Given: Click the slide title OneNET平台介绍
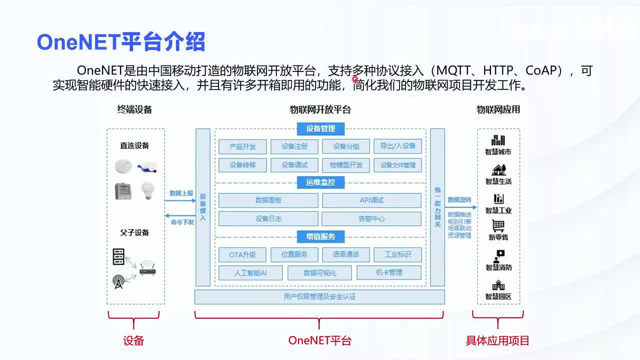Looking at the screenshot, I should pos(121,42).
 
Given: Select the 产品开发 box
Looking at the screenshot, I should pos(242,146).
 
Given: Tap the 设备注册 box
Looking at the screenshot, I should pos(294,146).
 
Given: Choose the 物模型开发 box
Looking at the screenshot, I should pos(346,165).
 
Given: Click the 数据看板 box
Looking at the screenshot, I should pos(268,200).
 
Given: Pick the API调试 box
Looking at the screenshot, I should pos(371,200).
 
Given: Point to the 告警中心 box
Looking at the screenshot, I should pos(371,219).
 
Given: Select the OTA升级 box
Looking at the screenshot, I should pos(242,254).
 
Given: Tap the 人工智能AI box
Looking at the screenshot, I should pos(250,273).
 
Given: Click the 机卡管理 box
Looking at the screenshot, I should pos(389,273).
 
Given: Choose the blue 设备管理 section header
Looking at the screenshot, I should pos(320,129).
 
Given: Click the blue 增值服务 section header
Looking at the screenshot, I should pos(320,236).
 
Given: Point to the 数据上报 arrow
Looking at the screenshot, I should pos(180,200).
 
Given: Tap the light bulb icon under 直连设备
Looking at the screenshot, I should pos(147,190).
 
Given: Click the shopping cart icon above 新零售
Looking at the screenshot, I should pos(498,226).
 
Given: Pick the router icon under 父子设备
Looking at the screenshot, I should pos(147,270).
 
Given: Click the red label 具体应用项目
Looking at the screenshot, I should pos(497,341).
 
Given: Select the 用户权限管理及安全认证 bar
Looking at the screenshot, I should pos(319,297).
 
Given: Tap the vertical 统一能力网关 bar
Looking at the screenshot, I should pos(437,207).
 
